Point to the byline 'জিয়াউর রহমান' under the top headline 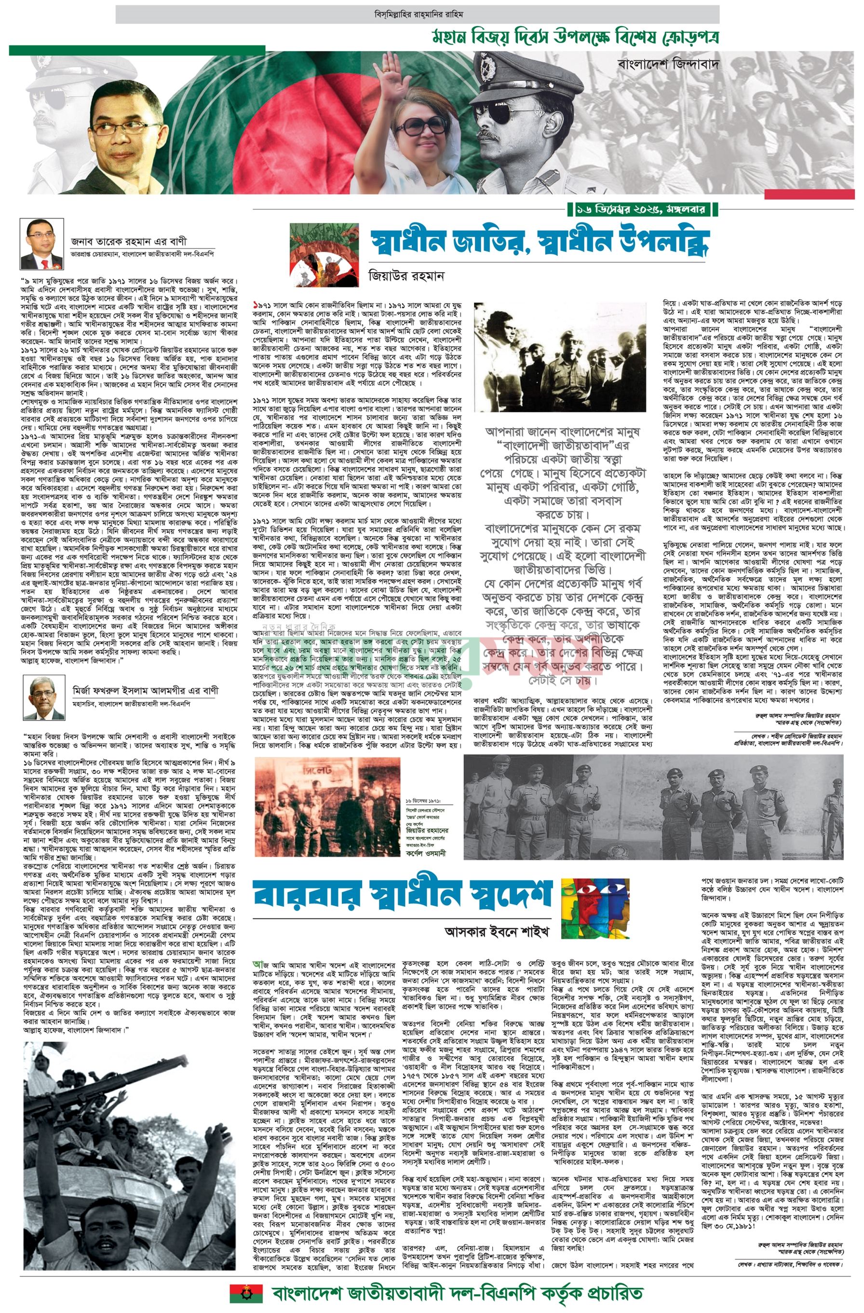click(x=406, y=275)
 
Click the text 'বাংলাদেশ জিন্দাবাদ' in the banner click(x=669, y=63)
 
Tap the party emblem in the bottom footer click(x=246, y=1292)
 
